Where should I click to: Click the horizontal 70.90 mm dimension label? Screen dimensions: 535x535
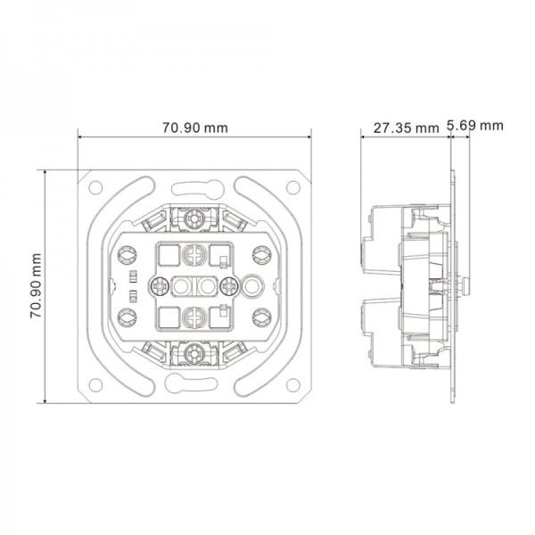coord(194,128)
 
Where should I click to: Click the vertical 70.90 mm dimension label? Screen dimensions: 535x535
coord(36,286)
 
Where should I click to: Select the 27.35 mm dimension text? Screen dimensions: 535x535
coord(406,128)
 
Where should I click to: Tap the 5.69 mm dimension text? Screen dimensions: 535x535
coord(475,126)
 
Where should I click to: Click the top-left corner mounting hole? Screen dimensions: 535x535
coord(95,187)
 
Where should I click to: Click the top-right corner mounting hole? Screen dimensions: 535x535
coord(293,187)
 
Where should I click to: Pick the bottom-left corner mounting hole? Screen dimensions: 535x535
coord(95,385)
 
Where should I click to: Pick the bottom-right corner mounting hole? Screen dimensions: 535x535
coord(293,385)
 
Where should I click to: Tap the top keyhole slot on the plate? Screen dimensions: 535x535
coord(198,189)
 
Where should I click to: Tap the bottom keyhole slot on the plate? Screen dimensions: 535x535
coord(191,383)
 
